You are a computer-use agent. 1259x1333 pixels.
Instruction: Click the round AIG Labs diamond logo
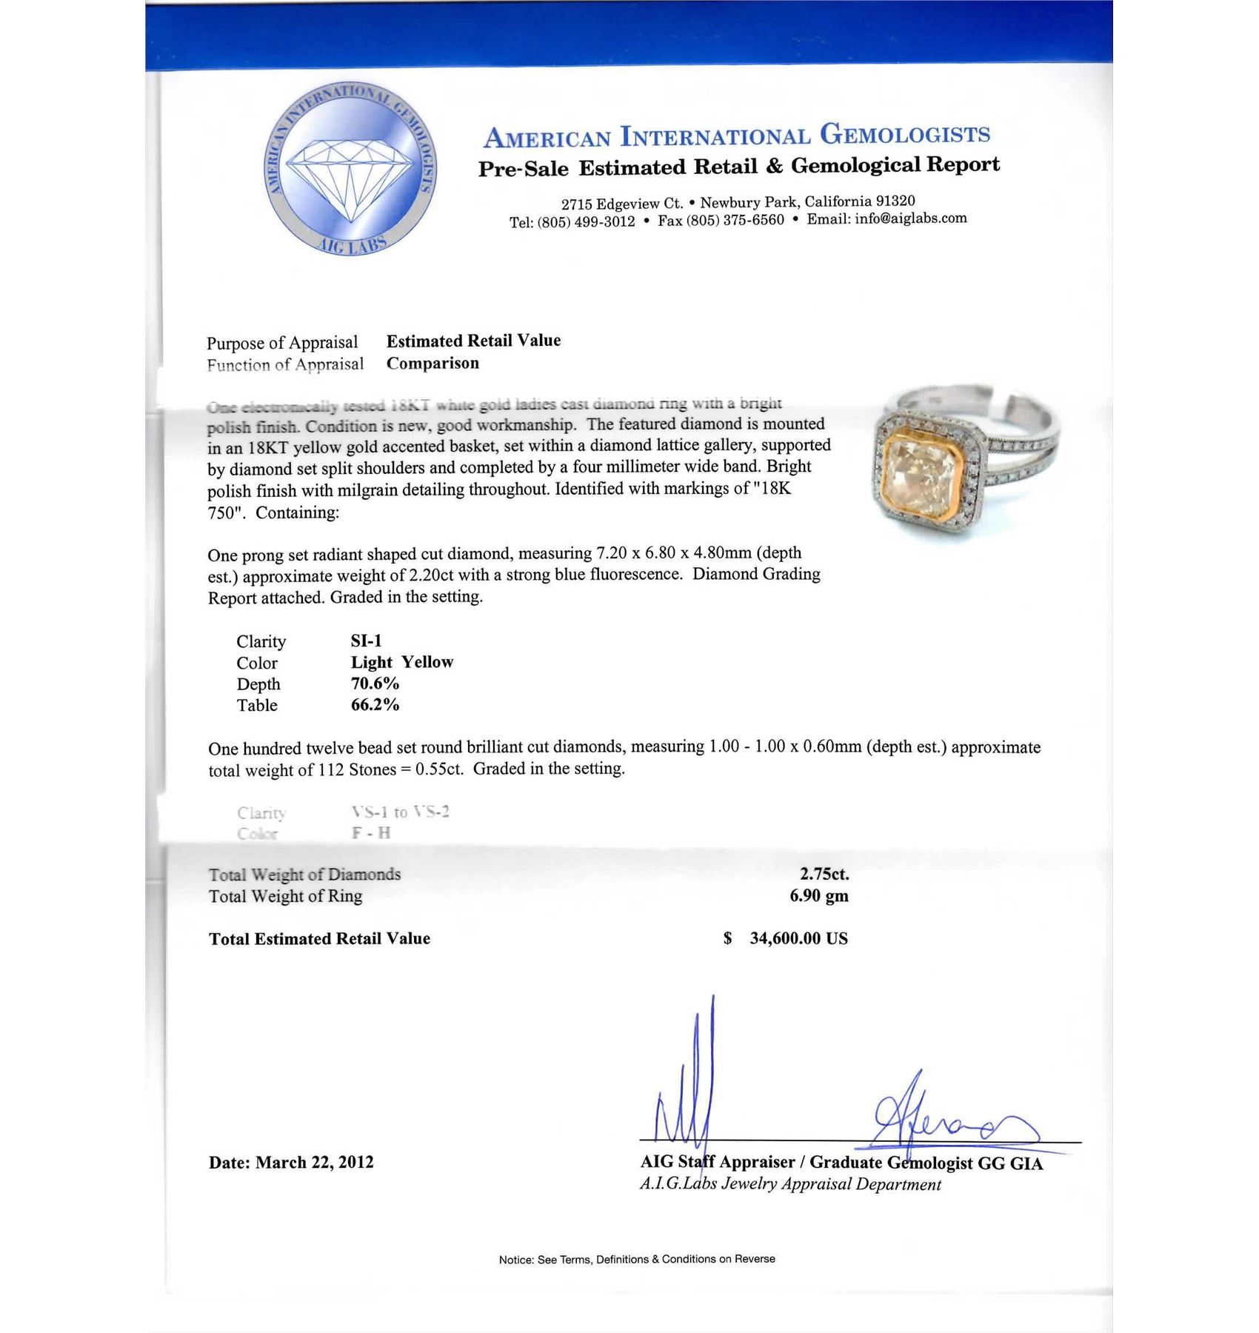[x=350, y=169]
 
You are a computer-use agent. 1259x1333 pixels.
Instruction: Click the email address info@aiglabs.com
[x=910, y=218]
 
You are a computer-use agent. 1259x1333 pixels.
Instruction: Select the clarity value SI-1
[x=366, y=641]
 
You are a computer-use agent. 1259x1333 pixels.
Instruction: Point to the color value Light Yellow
[x=401, y=662]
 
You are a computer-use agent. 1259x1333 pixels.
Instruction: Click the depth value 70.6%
[x=375, y=684]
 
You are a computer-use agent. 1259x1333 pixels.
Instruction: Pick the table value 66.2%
[x=375, y=705]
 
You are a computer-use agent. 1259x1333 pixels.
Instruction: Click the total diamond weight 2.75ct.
[x=824, y=874]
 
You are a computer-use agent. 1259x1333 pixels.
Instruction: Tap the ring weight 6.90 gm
[x=818, y=896]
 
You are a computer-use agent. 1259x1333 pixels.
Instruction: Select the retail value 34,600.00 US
[x=798, y=938]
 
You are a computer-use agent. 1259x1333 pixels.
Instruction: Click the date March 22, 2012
[x=314, y=1162]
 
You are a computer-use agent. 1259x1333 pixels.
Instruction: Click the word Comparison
[x=433, y=364]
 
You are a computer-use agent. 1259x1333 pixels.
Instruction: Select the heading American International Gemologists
[x=736, y=136]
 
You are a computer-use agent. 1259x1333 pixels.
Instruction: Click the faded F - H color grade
[x=371, y=833]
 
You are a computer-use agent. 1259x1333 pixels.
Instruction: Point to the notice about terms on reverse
[x=637, y=1259]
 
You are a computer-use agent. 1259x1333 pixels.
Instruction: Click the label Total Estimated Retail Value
[x=319, y=939]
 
